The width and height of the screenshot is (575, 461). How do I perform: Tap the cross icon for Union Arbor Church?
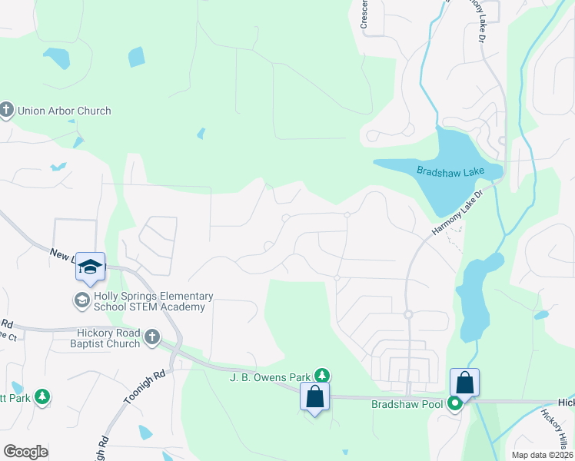6,110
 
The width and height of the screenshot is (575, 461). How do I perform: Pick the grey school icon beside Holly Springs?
81,299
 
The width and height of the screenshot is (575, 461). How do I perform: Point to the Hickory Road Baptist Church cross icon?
152,337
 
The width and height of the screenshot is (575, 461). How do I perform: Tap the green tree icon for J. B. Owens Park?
324,376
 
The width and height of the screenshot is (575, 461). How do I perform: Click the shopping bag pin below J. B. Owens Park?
314,396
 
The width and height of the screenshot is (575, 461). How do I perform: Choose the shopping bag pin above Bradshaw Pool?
465,383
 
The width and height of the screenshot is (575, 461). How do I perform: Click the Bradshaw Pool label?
407,404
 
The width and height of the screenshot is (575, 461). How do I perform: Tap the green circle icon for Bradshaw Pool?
456,403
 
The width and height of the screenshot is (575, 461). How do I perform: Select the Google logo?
25,452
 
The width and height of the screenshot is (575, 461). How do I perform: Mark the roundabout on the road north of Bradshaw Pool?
408,314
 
